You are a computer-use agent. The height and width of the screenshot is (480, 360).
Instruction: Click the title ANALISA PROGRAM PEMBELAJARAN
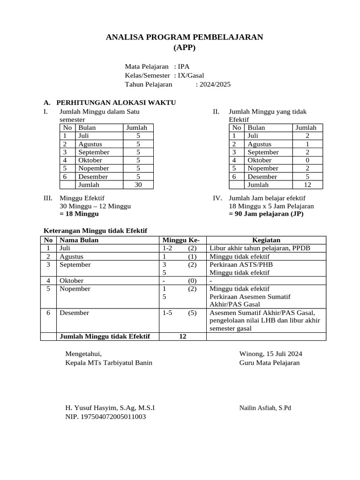tap(185, 37)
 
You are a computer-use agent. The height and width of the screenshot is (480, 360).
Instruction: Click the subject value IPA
tap(183, 67)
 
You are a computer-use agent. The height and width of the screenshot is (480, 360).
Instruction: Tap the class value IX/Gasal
tap(191, 75)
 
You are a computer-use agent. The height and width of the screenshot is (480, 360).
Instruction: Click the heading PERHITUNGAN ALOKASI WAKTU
tap(116, 102)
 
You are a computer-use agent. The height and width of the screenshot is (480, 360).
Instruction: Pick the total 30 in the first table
tap(138, 185)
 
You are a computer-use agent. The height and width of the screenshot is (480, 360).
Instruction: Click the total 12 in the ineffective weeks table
tap(307, 185)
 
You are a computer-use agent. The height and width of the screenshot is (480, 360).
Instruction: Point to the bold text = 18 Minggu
tap(79, 214)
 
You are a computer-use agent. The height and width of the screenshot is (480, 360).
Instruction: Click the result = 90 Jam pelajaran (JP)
tap(266, 214)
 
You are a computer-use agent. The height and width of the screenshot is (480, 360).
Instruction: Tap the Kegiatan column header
tap(266, 240)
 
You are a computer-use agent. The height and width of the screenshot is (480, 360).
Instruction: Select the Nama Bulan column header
tap(79, 240)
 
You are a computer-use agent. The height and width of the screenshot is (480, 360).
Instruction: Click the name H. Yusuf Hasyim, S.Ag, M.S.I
tap(110, 407)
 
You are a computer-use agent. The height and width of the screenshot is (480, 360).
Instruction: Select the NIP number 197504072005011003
tap(105, 416)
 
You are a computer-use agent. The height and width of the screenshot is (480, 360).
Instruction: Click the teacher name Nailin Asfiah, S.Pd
tap(265, 408)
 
